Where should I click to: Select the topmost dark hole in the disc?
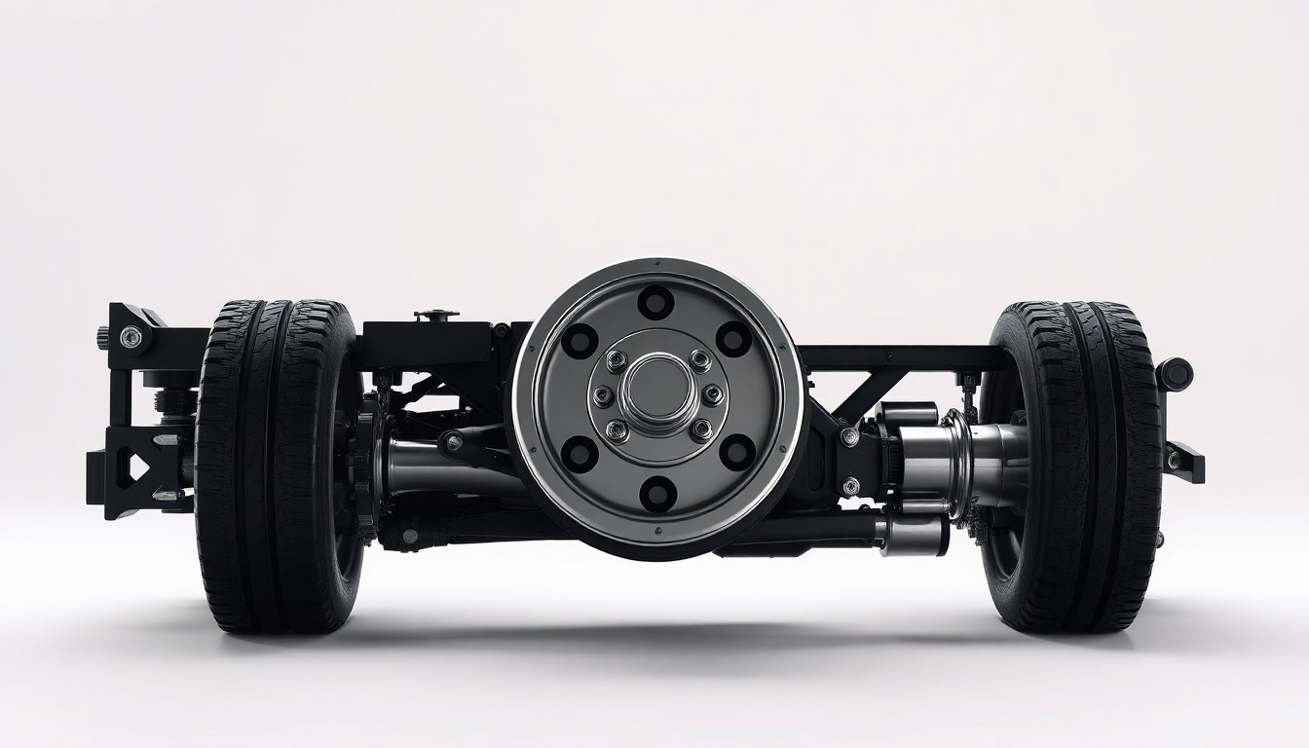click(656, 301)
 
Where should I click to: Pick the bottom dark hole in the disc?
click(657, 493)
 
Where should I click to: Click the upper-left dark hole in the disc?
click(580, 340)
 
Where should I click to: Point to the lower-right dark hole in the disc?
click(736, 452)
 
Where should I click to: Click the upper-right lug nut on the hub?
click(699, 360)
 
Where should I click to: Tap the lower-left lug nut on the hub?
click(617, 430)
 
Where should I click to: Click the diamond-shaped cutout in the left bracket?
click(138, 467)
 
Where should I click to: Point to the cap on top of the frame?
click(435, 315)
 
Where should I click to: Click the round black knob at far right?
click(1176, 374)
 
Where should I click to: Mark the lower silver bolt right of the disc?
click(850, 484)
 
